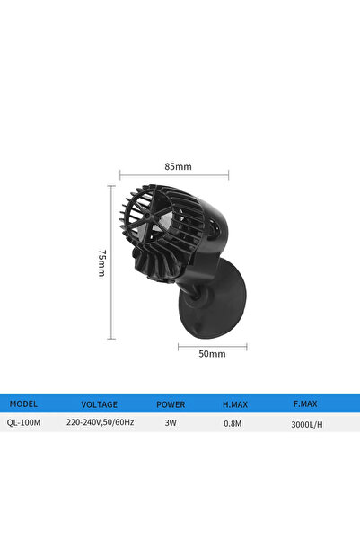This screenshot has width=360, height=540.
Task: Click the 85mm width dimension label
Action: tap(178, 166)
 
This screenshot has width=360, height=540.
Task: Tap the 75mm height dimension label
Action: tap(101, 262)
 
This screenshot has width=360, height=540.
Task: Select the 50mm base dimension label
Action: tap(213, 354)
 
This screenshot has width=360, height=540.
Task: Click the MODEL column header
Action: tap(23, 403)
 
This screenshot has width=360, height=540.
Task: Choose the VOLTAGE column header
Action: tap(99, 403)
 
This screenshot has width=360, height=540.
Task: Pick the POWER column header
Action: tap(171, 403)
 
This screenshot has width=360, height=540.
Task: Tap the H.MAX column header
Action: tap(235, 403)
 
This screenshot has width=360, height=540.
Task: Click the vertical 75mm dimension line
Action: tap(111, 262)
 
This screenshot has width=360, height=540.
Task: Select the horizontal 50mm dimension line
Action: tap(213, 344)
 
